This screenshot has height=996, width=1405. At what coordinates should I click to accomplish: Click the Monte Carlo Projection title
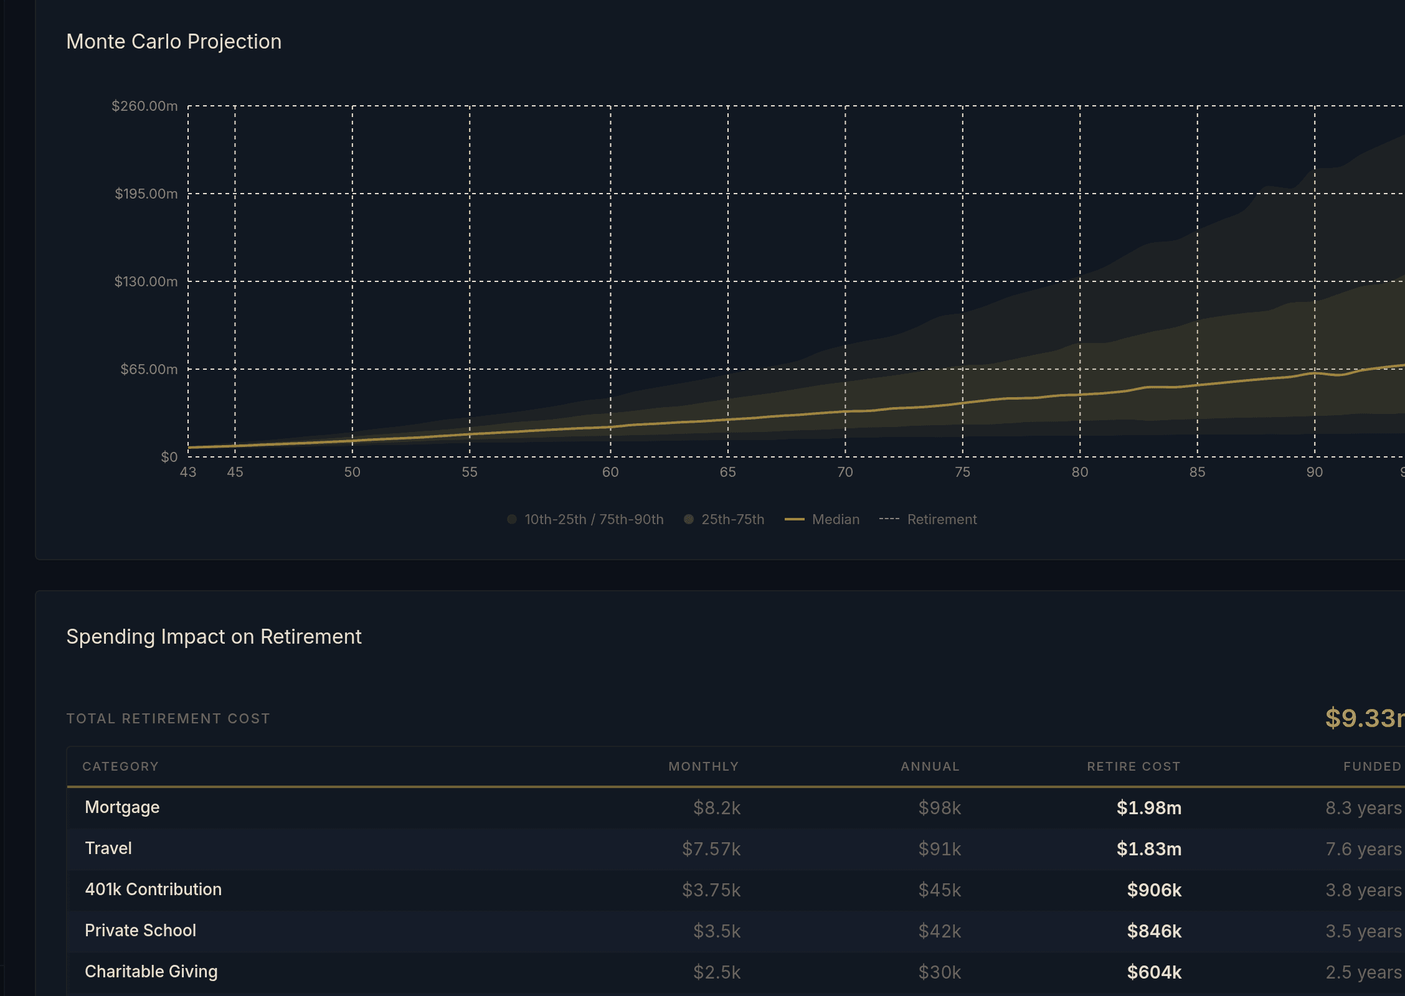(174, 42)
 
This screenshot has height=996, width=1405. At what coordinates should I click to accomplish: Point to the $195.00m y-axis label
(146, 194)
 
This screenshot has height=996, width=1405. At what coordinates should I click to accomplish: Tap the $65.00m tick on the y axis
(149, 369)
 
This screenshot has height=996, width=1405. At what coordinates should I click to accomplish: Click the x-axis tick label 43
(187, 472)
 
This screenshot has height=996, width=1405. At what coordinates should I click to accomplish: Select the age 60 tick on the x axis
(610, 472)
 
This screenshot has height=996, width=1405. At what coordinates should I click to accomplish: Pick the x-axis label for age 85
(1196, 472)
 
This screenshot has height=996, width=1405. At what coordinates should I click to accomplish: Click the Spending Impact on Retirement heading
(214, 637)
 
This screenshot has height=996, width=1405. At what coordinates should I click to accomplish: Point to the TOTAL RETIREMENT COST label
(168, 718)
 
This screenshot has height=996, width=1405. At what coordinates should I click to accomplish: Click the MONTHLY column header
(703, 766)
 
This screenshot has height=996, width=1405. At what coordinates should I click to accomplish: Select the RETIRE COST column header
(1133, 766)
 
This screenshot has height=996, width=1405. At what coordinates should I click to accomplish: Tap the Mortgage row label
(122, 807)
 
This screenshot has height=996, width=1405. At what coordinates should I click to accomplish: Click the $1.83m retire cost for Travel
(1148, 848)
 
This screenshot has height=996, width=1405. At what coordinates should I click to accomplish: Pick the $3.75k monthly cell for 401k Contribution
(711, 890)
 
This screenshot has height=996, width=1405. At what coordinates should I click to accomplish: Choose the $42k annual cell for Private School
(939, 931)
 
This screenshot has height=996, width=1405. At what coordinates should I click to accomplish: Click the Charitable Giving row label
(151, 972)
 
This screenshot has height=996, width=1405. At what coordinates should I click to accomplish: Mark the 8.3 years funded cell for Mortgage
(1363, 807)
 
